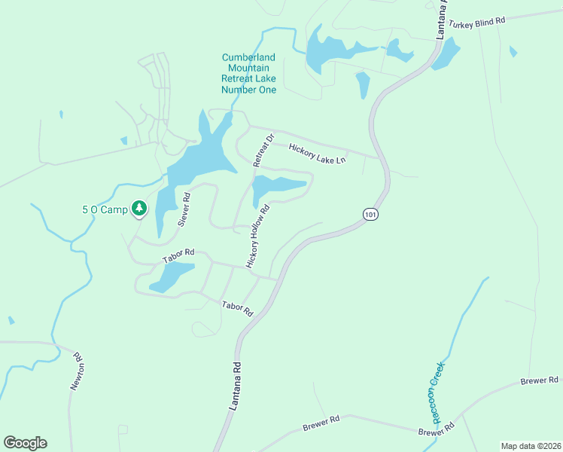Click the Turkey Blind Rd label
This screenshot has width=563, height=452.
click(x=475, y=23)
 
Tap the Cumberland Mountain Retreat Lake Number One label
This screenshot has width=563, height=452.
click(x=248, y=74)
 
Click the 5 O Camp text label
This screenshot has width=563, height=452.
click(x=105, y=209)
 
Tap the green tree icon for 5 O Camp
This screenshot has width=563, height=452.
click(x=138, y=207)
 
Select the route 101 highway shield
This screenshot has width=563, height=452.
click(x=369, y=215)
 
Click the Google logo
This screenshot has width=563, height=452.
click(x=25, y=443)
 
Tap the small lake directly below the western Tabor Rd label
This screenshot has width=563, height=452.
click(x=172, y=276)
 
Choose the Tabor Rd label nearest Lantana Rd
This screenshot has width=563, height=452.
click(x=236, y=308)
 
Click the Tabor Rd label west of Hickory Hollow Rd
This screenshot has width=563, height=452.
click(x=178, y=256)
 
